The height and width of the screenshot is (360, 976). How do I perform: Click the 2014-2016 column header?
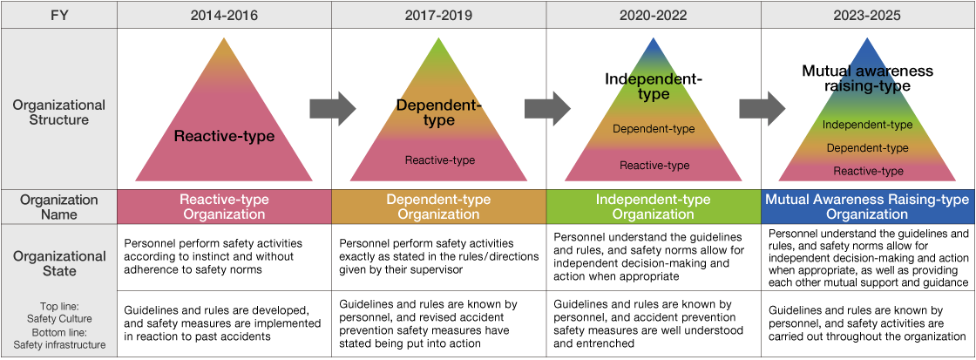tap(224, 15)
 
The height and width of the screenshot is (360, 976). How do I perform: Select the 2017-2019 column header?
tap(438, 15)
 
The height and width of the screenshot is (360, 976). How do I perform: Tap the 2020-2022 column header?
tap(654, 15)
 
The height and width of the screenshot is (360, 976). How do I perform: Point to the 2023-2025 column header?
tap(867, 15)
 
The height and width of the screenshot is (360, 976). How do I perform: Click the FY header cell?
tap(58, 15)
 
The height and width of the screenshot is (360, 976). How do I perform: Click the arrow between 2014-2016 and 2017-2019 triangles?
tap(332, 109)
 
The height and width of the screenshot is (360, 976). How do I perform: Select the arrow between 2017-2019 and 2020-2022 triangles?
tap(546, 109)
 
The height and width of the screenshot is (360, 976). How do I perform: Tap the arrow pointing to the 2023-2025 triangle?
tap(762, 109)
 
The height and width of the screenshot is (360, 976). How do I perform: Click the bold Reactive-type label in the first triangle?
tap(224, 136)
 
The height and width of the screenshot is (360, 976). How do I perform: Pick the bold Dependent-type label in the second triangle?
tap(438, 112)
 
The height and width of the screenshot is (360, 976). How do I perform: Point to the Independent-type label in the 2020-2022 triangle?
tap(654, 86)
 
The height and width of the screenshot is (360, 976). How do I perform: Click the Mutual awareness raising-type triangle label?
tap(867, 78)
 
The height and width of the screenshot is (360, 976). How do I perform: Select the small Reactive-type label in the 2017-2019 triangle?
tap(439, 160)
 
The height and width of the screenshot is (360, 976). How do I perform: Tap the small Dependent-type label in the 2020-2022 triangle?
tap(654, 129)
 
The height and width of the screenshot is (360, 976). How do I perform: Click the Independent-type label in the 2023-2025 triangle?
tap(867, 125)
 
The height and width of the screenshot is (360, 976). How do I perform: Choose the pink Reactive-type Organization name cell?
tap(224, 207)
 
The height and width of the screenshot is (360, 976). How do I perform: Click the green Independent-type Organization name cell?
tap(654, 207)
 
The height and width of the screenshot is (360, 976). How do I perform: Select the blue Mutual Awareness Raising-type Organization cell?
tap(867, 207)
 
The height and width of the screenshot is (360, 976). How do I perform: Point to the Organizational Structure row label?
tap(58, 112)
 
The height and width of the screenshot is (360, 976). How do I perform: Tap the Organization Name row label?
tap(58, 207)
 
